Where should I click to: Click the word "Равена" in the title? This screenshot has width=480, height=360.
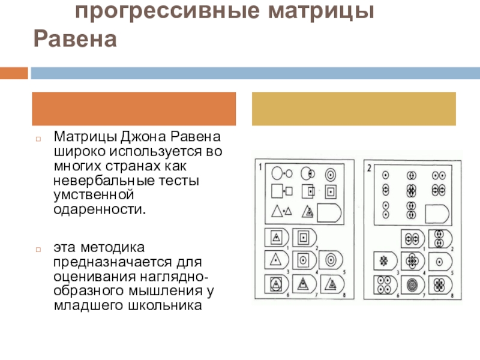click(74, 39)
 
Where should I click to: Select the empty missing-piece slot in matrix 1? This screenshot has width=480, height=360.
click(329, 213)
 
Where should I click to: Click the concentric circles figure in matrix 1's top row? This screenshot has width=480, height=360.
click(329, 175)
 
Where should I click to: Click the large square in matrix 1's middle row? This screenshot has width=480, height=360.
click(277, 192)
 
